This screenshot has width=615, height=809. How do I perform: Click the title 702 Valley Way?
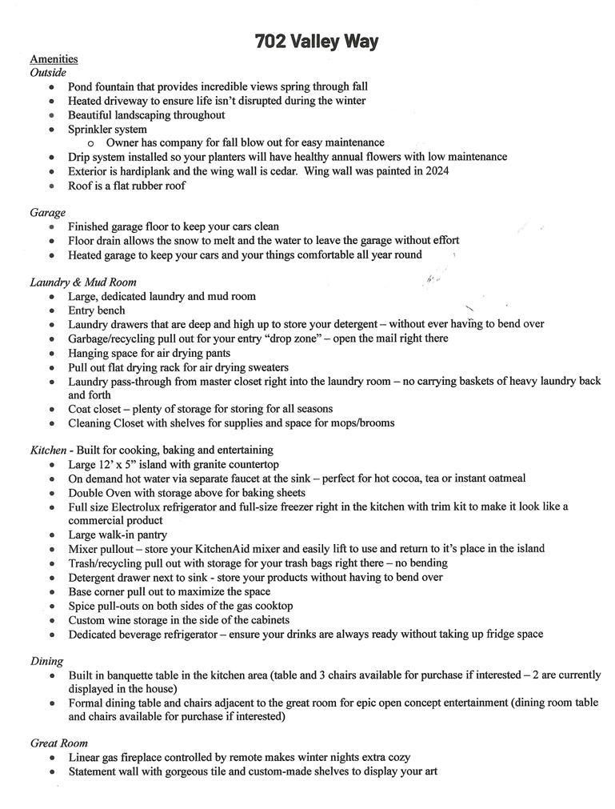click(x=317, y=42)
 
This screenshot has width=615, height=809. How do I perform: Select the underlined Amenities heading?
click(x=54, y=59)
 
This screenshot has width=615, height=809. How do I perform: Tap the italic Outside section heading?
click(x=48, y=73)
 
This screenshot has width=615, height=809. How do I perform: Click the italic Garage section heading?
click(x=48, y=213)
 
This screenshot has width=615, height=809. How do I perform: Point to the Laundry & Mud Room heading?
click(x=83, y=282)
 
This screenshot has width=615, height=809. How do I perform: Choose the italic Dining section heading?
click(x=47, y=661)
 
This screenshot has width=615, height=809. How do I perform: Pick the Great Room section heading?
click(x=59, y=743)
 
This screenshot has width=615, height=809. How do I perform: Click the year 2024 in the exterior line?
click(x=436, y=171)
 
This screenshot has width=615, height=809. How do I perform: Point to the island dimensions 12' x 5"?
click(x=122, y=464)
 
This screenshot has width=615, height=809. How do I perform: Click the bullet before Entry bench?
click(x=52, y=310)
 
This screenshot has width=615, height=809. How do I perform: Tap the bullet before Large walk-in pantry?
click(x=52, y=535)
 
